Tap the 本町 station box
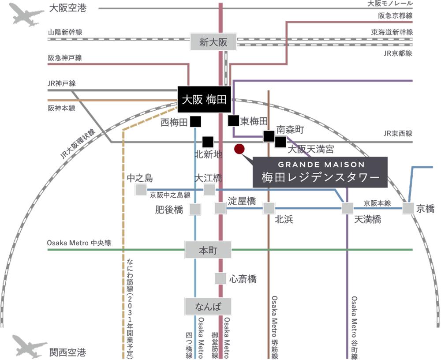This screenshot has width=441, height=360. click(x=208, y=250)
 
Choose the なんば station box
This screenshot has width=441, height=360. click(x=208, y=305)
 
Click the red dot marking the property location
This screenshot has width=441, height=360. click(x=239, y=149)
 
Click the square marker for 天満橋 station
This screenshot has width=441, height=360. click(x=348, y=208)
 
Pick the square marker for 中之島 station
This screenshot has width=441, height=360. click(x=141, y=190)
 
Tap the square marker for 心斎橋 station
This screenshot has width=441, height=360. click(x=220, y=278)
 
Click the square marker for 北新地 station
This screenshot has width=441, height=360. click(x=208, y=142)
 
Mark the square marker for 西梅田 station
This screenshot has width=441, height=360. click(x=195, y=121)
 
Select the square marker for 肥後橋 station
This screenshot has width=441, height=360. click(x=195, y=209)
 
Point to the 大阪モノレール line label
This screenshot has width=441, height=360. click(x=390, y=4)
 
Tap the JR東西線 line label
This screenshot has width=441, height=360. click(x=397, y=133)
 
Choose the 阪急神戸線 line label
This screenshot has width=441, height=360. click(x=65, y=58)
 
